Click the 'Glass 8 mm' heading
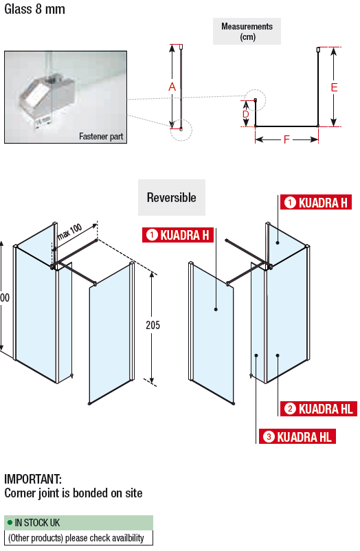[x=34, y=9]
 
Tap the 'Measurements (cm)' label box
[x=247, y=32]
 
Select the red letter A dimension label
[x=172, y=87]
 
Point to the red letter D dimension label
[x=246, y=114]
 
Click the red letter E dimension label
[x=334, y=87]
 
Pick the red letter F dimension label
[x=286, y=140]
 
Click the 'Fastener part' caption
[x=101, y=136]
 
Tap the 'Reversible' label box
[x=172, y=197]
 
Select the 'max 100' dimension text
[x=69, y=232]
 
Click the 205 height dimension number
[x=153, y=325]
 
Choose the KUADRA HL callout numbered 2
[x=319, y=409]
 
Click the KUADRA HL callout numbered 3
[x=297, y=436]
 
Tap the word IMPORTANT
[x=33, y=479]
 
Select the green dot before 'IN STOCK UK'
[x=10, y=523]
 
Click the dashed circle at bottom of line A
[x=181, y=130]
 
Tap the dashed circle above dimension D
[x=256, y=100]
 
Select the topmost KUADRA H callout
[x=316, y=203]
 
